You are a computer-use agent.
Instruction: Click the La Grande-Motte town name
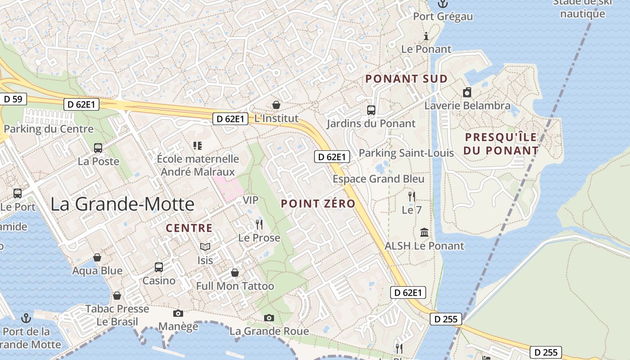click(122, 204)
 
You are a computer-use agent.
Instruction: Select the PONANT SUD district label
click(406, 79)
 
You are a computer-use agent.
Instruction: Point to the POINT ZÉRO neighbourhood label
click(318, 203)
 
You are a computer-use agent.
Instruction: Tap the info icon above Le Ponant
click(426, 36)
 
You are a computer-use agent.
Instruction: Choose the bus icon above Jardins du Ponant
click(371, 110)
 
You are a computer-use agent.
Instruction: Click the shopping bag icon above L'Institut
click(276, 105)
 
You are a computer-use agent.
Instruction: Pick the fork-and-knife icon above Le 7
click(411, 197)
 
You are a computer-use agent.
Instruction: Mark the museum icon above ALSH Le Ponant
click(424, 233)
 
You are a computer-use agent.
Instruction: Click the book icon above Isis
click(205, 247)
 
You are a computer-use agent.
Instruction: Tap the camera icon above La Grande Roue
click(269, 318)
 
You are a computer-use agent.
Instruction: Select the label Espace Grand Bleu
click(378, 179)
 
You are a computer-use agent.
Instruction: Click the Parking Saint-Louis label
click(406, 153)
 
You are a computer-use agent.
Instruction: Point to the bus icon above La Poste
click(98, 148)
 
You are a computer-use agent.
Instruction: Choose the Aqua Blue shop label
click(97, 270)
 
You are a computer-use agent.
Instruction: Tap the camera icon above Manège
click(178, 314)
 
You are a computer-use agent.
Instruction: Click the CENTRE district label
click(189, 228)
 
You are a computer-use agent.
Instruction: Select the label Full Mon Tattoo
click(235, 286)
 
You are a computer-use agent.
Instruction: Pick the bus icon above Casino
click(159, 267)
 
